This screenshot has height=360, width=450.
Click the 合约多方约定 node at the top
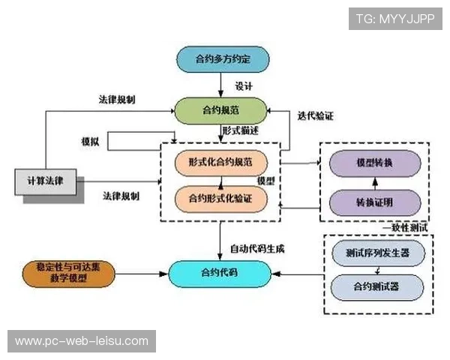click(221, 59)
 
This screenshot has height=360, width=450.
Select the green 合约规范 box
click(221, 111)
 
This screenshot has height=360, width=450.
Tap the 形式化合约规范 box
click(221, 161)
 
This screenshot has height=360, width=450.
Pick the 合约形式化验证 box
click(221, 198)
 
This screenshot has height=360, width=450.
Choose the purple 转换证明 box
click(373, 200)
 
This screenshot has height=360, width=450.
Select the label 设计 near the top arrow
click(243, 85)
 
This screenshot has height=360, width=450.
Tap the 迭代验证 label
click(316, 116)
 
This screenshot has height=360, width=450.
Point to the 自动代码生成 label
click(257, 247)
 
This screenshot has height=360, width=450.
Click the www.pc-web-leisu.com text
click(81, 341)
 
